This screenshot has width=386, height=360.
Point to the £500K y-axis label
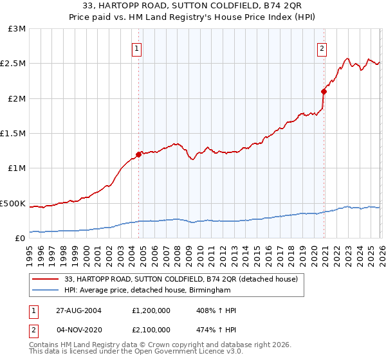point(13,203)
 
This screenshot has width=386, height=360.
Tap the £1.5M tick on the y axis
point(14,134)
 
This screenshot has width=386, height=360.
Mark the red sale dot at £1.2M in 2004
point(138,154)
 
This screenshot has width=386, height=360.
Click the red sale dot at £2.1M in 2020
point(324,91)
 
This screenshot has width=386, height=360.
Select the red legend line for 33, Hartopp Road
point(45,280)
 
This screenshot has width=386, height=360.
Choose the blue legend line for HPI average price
point(45,290)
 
